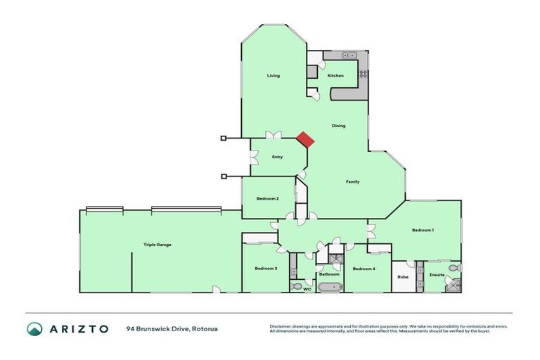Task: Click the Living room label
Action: [274, 75]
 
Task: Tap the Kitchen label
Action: [335, 75]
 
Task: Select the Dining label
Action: [339, 126]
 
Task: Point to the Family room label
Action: [353, 181]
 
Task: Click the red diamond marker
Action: [305, 139]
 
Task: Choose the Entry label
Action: [277, 157]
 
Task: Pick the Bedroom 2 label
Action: [267, 199]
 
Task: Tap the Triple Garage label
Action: [157, 245]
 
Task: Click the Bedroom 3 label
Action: [266, 269]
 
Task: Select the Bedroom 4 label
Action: [364, 269]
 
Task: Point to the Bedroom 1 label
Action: [423, 231]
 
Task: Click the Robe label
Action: [403, 276]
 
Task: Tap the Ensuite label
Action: [437, 274]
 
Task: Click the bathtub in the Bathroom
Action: [329, 287]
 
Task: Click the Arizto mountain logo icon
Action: [34, 328]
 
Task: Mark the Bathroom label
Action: [329, 274]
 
